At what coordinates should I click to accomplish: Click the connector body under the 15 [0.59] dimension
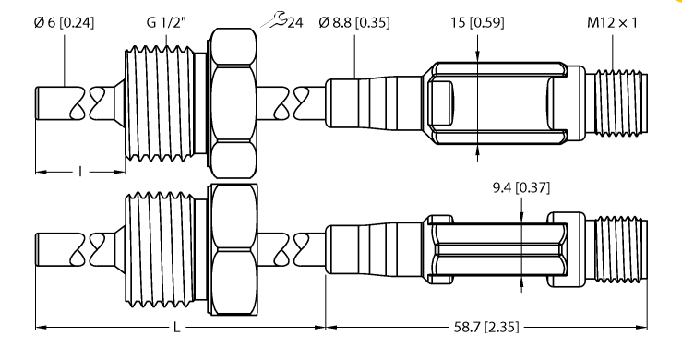tap(498, 99)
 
